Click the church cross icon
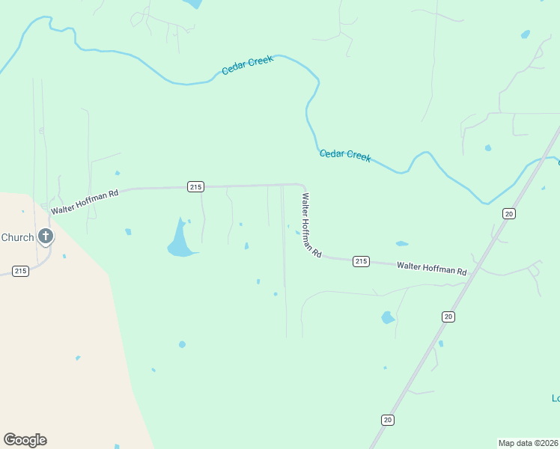[x=46, y=237]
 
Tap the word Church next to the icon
[x=17, y=238]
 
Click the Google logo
[x=25, y=439]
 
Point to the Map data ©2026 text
[x=528, y=442]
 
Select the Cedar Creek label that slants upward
[x=248, y=65]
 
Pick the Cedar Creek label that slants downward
[x=345, y=155]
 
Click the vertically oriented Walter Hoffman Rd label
[x=311, y=225]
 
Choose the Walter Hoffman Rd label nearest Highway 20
[x=432, y=268]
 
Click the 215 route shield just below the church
[x=20, y=270]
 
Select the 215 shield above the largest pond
[x=195, y=186]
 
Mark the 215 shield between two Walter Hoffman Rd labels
[x=361, y=261]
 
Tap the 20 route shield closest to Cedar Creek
[x=509, y=214]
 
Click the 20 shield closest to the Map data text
[x=387, y=420]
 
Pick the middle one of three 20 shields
[x=448, y=317]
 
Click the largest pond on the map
[x=180, y=243]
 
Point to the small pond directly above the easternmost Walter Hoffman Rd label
[x=402, y=243]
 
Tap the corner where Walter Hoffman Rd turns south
[x=302, y=186]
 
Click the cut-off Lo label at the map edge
[x=556, y=398]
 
